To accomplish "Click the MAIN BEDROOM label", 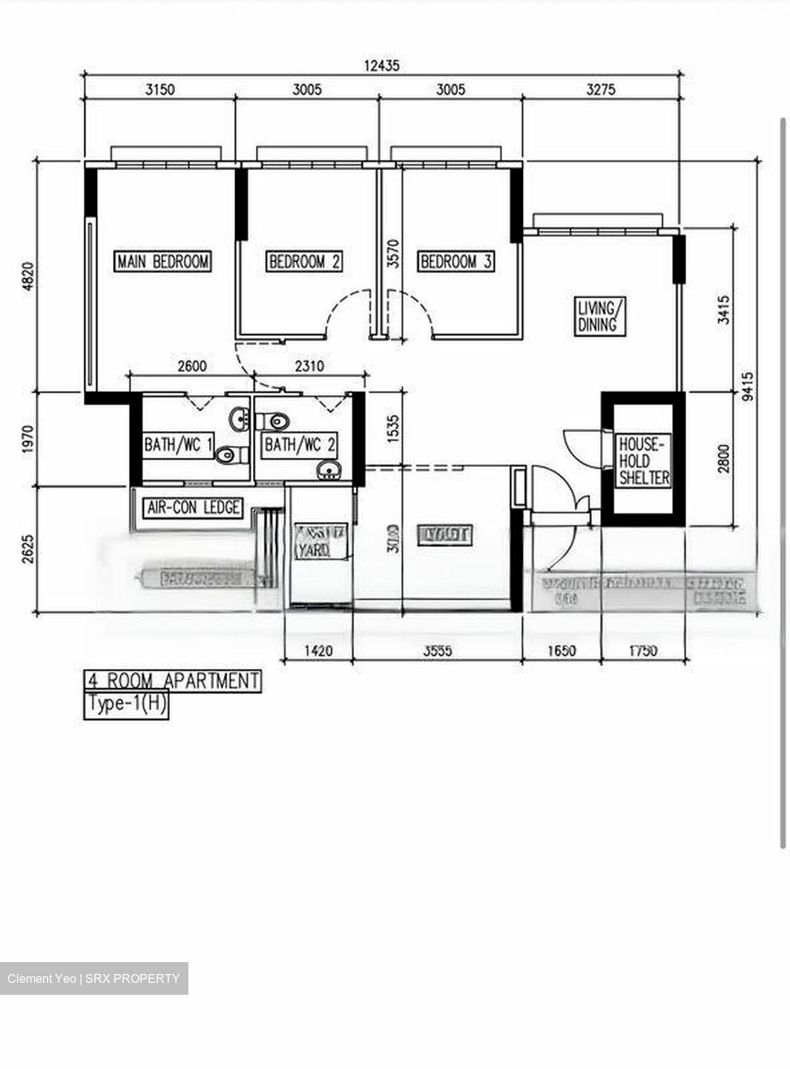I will pyautogui.click(x=163, y=261).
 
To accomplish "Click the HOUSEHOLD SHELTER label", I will pyautogui.click(x=644, y=461).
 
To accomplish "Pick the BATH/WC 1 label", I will pyautogui.click(x=179, y=445).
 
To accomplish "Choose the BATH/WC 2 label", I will pyautogui.click(x=300, y=445).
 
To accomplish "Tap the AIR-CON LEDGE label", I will pyautogui.click(x=193, y=508).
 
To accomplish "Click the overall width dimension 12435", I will pyautogui.click(x=381, y=65).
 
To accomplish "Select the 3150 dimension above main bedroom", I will pyautogui.click(x=159, y=90).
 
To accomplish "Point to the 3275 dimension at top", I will pyautogui.click(x=601, y=90).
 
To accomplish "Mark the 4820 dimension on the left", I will pyautogui.click(x=28, y=276).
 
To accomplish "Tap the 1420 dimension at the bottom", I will pyautogui.click(x=318, y=651).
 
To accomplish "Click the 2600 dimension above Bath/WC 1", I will pyautogui.click(x=192, y=366).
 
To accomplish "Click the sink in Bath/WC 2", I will pyautogui.click(x=329, y=469).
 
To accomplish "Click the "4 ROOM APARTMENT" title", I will pyautogui.click(x=172, y=681).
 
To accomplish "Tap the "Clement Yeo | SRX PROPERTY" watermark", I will pyautogui.click(x=93, y=978).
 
